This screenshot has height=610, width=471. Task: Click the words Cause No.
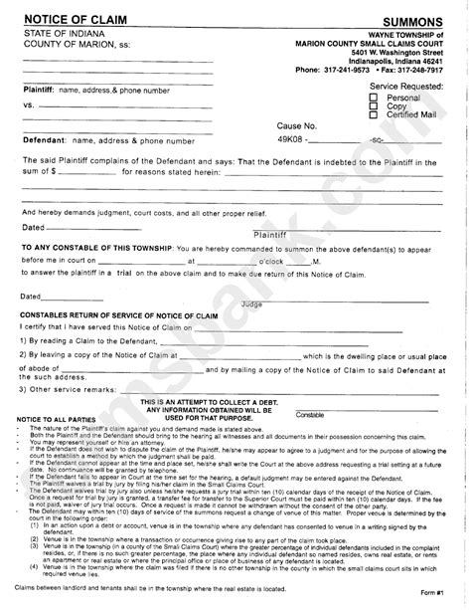click(298, 126)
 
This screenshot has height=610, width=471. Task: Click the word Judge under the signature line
click(252, 303)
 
